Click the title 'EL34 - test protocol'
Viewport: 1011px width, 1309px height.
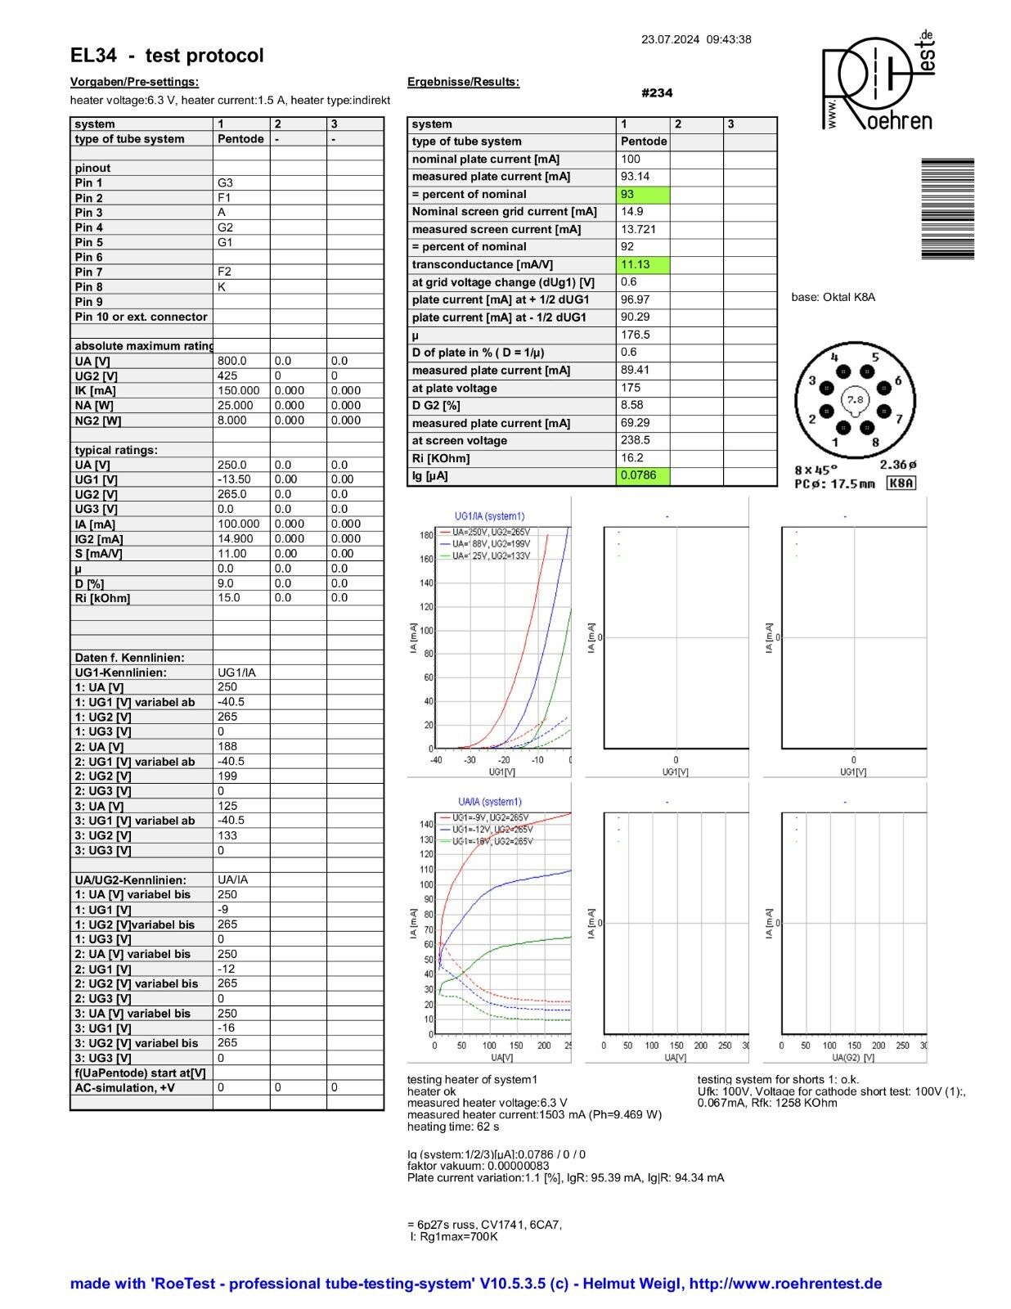tap(167, 56)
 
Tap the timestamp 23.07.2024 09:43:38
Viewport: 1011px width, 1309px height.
tap(696, 39)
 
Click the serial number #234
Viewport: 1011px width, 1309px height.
tap(657, 93)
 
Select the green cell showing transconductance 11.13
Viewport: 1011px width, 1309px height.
tap(643, 264)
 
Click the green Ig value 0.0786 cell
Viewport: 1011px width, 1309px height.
tap(643, 475)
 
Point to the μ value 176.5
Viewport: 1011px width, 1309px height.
tap(636, 335)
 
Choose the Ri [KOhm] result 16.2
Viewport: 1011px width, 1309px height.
tap(632, 458)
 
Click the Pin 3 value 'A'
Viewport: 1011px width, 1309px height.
tap(222, 213)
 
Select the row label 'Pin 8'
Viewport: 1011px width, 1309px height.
tap(89, 287)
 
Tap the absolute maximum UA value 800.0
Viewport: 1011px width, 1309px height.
tap(232, 361)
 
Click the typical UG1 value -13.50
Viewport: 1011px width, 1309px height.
tap(234, 479)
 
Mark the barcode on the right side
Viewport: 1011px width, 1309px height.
tap(947, 209)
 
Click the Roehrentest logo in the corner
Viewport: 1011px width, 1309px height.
tap(877, 82)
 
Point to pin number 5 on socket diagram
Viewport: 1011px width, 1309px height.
tap(874, 357)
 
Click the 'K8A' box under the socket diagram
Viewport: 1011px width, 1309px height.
tap(901, 484)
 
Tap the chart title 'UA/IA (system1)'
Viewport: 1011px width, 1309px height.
tap(489, 802)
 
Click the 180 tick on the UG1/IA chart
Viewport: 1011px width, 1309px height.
tap(426, 536)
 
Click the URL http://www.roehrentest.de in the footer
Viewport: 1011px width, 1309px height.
tap(785, 1284)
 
